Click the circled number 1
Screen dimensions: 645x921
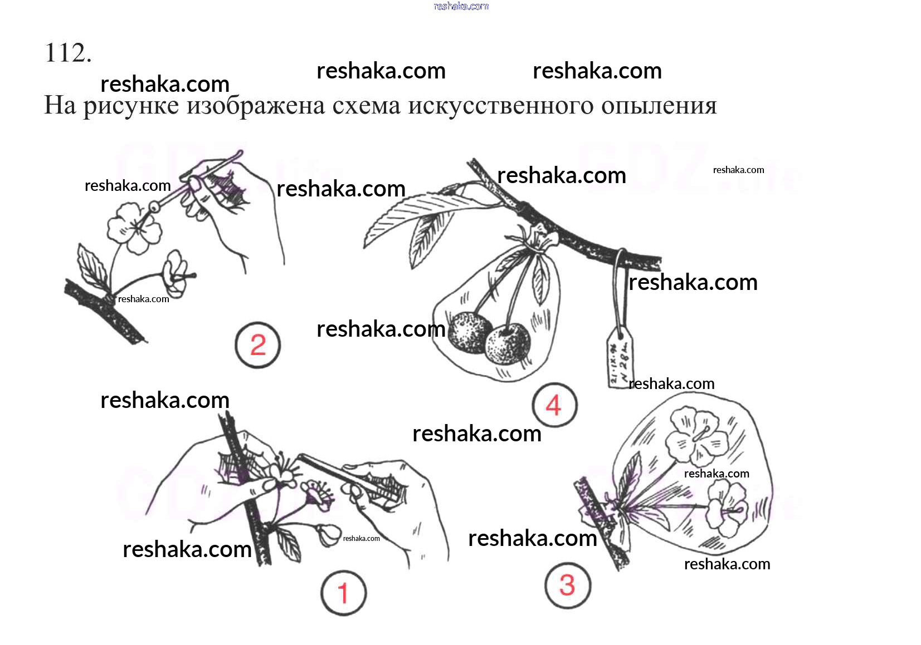[343, 593]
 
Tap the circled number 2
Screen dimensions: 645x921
[257, 346]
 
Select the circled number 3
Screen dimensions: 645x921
[567, 585]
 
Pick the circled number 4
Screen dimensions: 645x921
[554, 405]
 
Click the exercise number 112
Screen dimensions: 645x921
[67, 53]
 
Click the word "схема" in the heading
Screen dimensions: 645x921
[366, 106]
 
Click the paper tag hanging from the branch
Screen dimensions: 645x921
[620, 356]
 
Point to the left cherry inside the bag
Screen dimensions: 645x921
[469, 332]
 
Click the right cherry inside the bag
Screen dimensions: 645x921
[506, 343]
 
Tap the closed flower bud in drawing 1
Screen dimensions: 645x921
[328, 534]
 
